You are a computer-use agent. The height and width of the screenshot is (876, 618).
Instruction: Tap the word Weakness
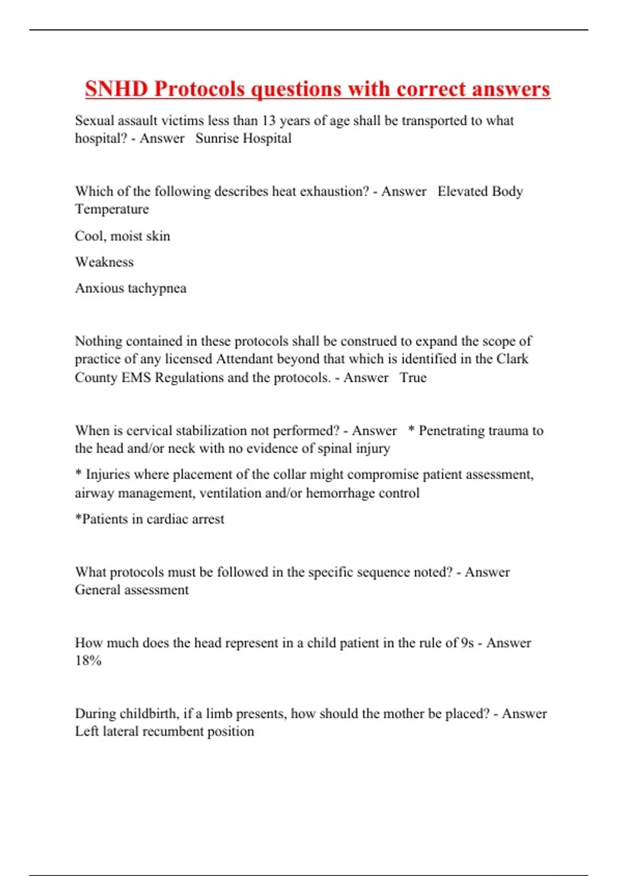pyautogui.click(x=104, y=262)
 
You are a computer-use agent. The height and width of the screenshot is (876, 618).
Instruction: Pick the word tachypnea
pyautogui.click(x=157, y=289)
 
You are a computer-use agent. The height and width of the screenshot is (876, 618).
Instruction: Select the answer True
pyautogui.click(x=413, y=378)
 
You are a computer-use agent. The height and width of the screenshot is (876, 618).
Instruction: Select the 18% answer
pyautogui.click(x=88, y=661)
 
